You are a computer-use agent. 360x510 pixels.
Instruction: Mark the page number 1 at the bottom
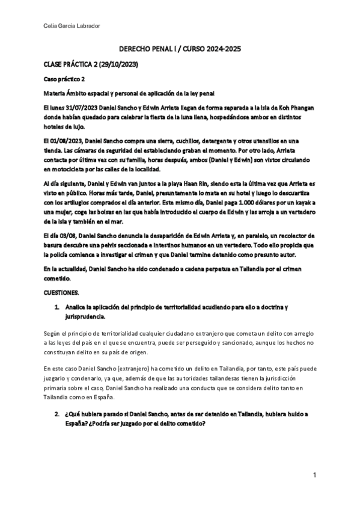click(314, 475)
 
